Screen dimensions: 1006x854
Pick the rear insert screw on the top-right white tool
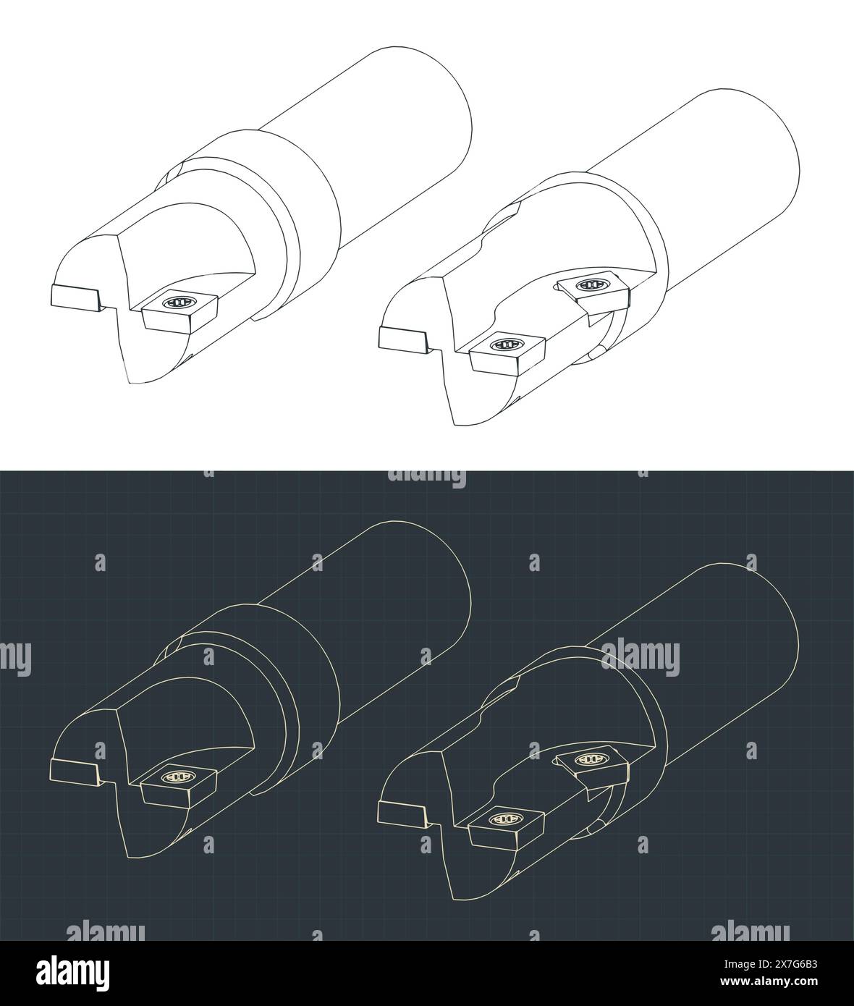pos(593,285)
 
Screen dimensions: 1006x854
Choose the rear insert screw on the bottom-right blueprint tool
pos(593,760)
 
